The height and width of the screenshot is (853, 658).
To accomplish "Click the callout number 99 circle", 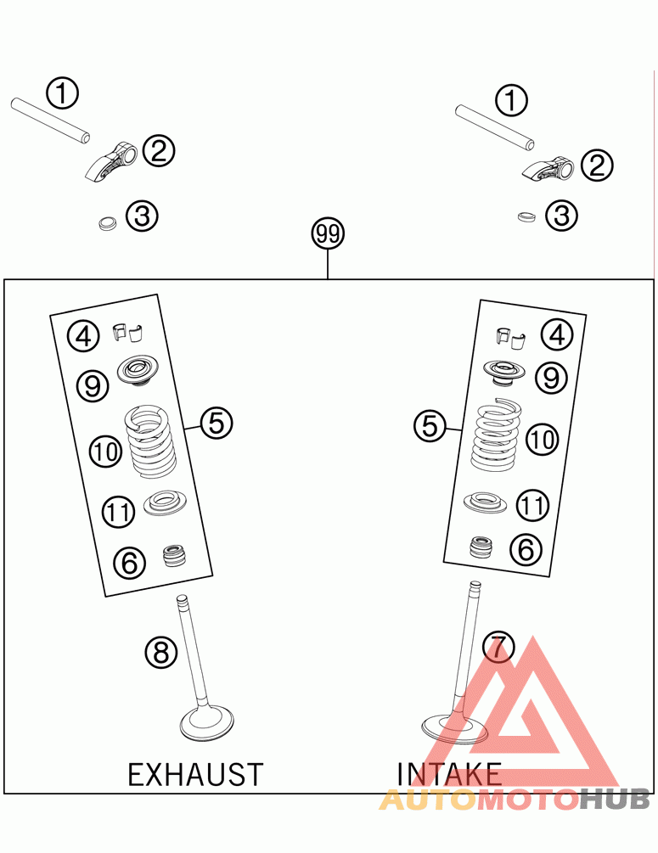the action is pyautogui.click(x=328, y=233).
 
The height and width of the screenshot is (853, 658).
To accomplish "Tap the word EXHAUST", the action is pyautogui.click(x=195, y=774).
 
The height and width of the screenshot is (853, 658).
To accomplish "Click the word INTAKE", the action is pyautogui.click(x=449, y=773).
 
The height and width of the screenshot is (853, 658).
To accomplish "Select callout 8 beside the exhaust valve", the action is pyautogui.click(x=160, y=652).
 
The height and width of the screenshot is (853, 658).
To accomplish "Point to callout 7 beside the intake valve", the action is pyautogui.click(x=498, y=648).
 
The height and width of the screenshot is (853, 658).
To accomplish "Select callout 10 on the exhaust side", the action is pyautogui.click(x=107, y=452).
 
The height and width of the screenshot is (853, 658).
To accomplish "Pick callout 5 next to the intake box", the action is pyautogui.click(x=430, y=425).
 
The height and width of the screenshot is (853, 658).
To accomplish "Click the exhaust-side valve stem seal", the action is pyautogui.click(x=176, y=557).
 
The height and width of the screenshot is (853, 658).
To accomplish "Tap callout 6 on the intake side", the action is pyautogui.click(x=526, y=549).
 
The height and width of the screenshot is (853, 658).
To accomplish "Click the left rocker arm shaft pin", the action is pyautogui.click(x=50, y=119).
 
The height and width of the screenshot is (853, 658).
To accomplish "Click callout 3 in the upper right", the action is pyautogui.click(x=561, y=216).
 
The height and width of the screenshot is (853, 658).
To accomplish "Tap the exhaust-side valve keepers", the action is pyautogui.click(x=127, y=332).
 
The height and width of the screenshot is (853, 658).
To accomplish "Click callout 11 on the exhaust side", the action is pyautogui.click(x=118, y=512).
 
